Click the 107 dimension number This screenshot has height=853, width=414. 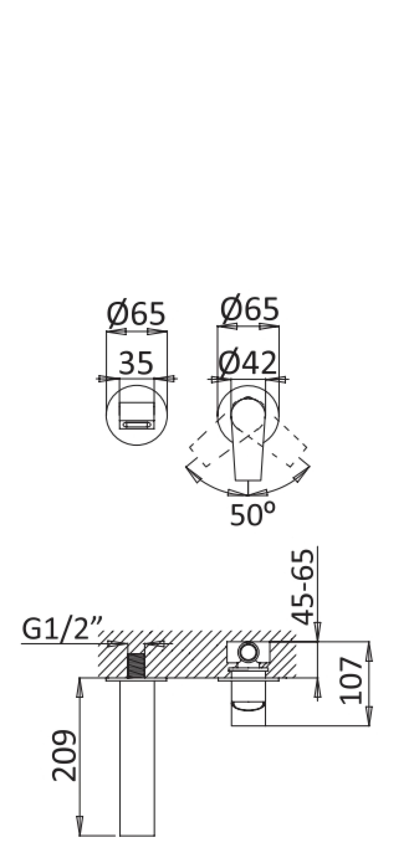click(351, 685)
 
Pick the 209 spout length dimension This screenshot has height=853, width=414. click(64, 756)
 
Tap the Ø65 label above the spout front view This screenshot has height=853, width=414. click(136, 313)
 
